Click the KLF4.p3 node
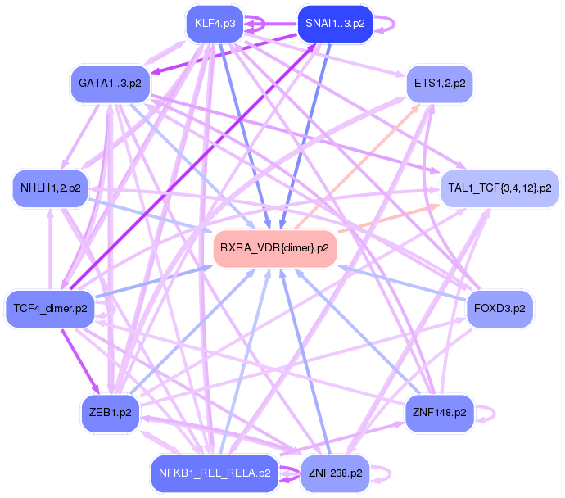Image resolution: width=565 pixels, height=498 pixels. click(215, 23)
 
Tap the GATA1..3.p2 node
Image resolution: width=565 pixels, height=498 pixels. click(110, 84)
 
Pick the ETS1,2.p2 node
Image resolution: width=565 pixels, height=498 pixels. click(440, 84)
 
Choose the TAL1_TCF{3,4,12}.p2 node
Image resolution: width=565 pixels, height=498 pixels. click(499, 188)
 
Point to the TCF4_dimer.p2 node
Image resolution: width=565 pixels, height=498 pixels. click(51, 309)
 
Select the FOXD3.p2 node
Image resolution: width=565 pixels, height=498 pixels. click(499, 309)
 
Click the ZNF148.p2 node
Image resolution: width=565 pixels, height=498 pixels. click(440, 412)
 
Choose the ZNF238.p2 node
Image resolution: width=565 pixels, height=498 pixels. click(335, 473)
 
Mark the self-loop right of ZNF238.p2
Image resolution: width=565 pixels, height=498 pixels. click(387, 473)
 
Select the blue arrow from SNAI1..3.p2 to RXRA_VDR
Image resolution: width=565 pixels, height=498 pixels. click(306, 131)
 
